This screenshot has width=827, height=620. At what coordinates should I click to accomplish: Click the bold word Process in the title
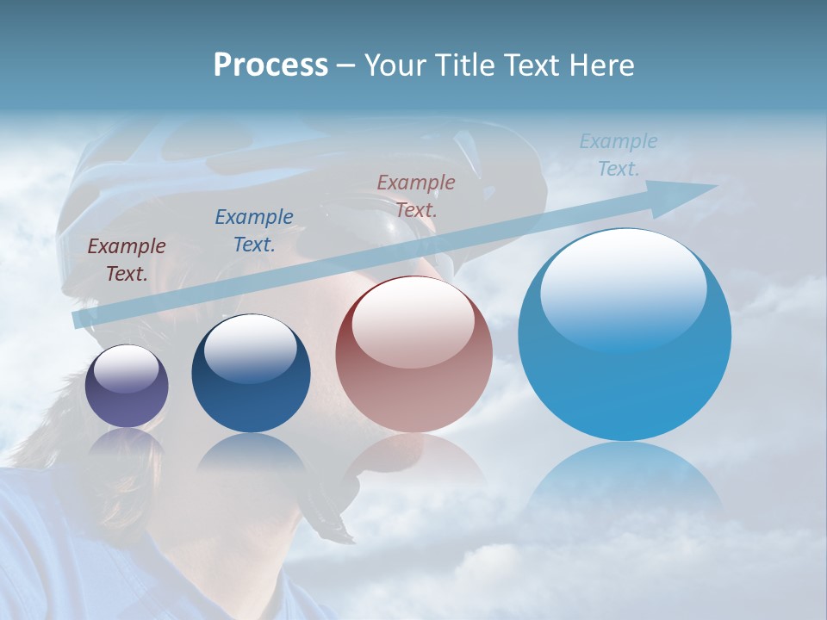pos(270,65)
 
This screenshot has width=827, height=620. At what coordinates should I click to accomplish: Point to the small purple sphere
pos(127,386)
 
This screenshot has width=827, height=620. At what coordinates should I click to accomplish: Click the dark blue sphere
pos(251,374)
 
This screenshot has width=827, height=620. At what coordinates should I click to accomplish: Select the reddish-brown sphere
pos(413,355)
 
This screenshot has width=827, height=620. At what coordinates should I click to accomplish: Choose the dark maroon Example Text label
pos(127,259)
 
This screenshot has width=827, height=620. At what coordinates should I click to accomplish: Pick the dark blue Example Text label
pos(254,230)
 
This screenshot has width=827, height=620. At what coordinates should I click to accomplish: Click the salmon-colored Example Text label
pos(416,195)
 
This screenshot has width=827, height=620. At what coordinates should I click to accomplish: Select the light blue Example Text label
pos(619,154)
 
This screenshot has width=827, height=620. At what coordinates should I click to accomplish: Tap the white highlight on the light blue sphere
pos(623,286)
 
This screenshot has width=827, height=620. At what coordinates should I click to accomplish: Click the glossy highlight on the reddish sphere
pos(413,320)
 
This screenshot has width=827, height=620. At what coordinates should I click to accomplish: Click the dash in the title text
pos(345,66)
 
